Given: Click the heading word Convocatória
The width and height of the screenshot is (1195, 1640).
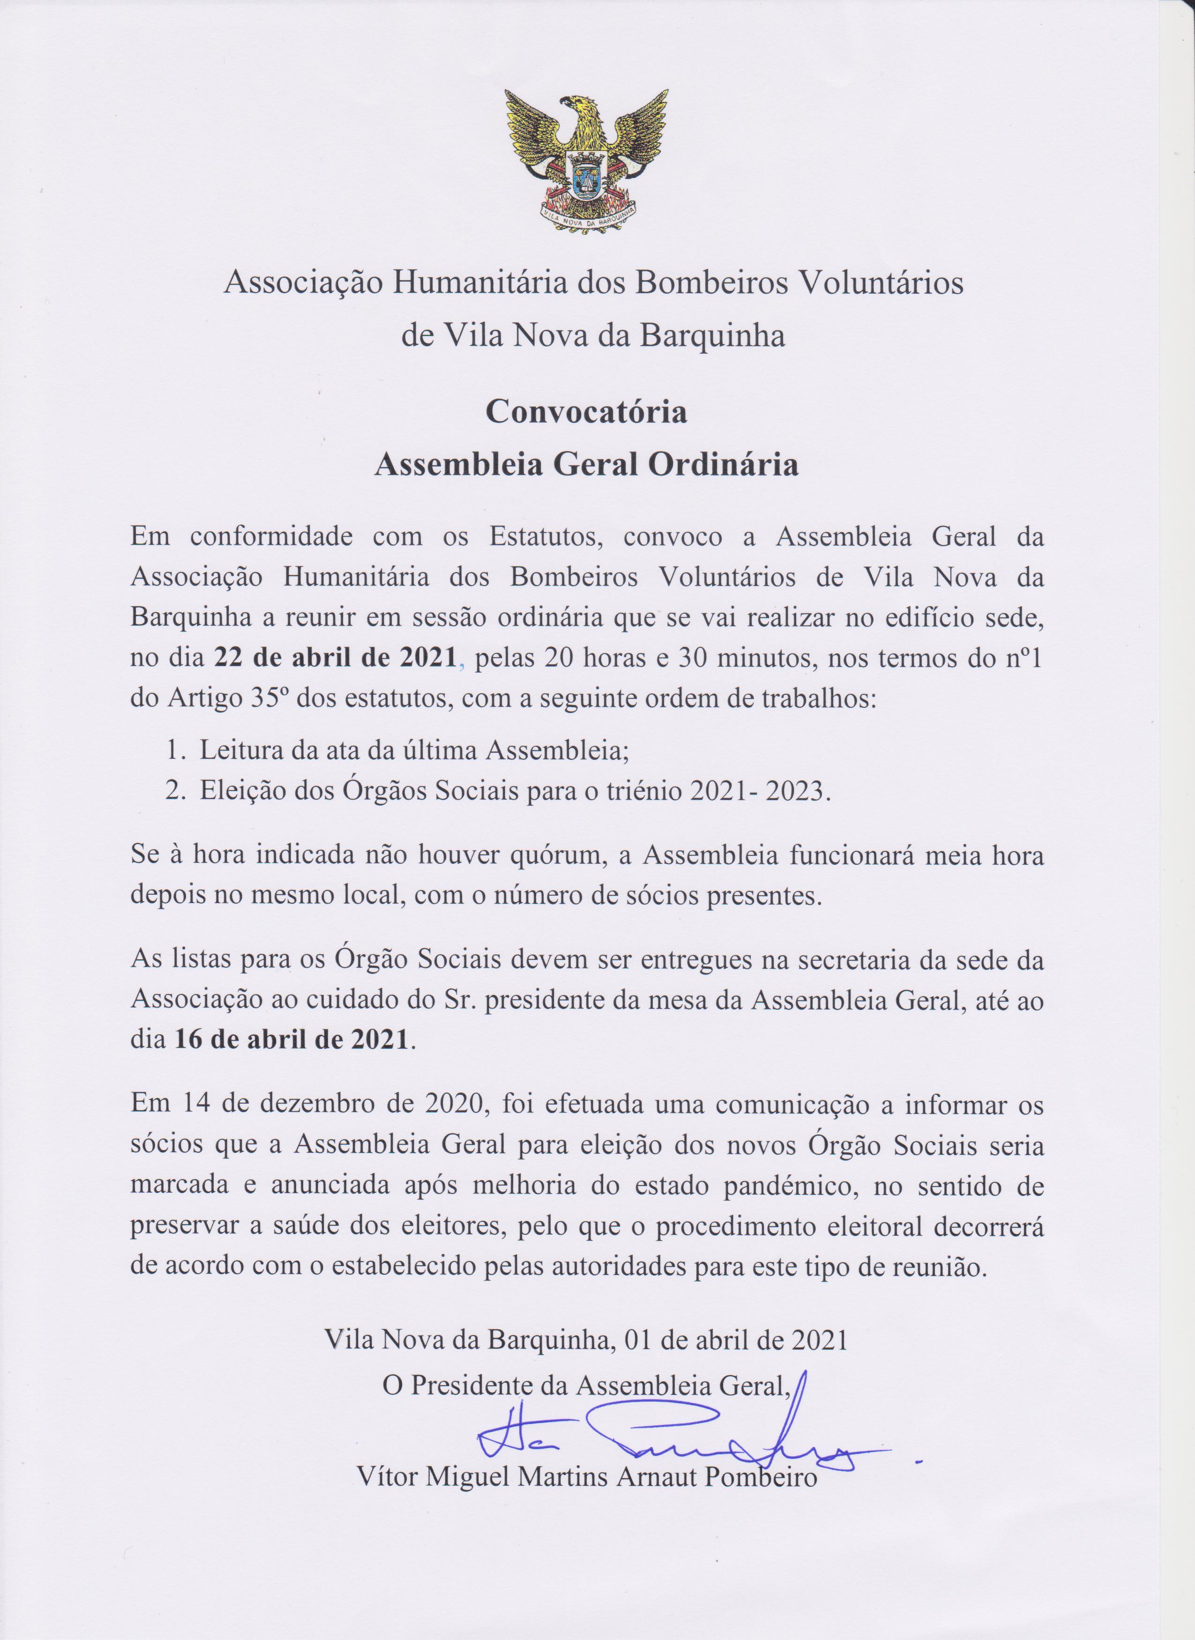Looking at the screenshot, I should [586, 412].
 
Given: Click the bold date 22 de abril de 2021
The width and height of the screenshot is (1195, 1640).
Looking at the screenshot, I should [335, 659].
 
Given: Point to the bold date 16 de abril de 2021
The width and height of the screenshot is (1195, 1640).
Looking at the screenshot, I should [291, 1039].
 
